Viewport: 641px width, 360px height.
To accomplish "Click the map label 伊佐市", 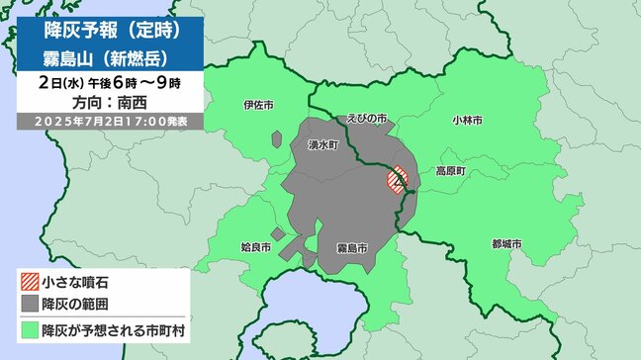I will point(256,104).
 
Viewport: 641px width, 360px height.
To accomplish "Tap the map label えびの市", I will point(366,118).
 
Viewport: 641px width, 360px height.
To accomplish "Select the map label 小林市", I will point(467,120).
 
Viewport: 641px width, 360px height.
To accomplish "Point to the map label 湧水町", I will point(323,144).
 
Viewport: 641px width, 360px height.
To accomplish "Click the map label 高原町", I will point(450,171).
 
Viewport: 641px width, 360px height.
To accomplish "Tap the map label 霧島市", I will point(352,244).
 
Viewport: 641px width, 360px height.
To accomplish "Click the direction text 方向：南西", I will point(108,101).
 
